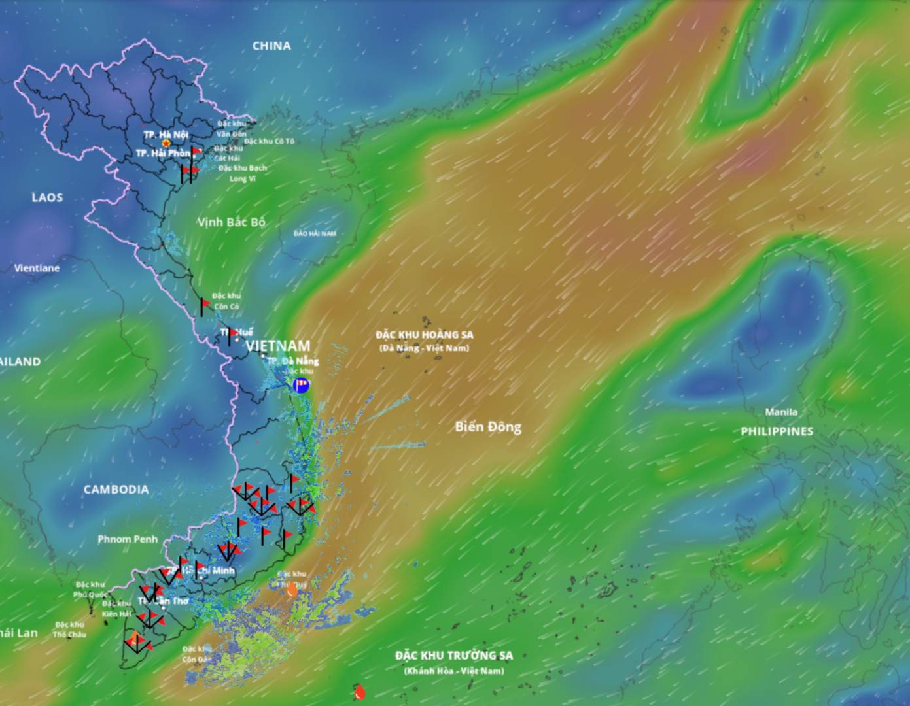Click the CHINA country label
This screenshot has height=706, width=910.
pos(271,46)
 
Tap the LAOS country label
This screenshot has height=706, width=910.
pos(47,197)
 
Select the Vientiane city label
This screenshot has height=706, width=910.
pos(37,268)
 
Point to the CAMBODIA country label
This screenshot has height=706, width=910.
pos(116,489)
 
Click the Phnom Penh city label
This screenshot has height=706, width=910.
pos(128,539)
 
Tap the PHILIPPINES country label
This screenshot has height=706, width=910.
pos(777,431)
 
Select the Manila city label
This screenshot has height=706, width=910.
pos(781,412)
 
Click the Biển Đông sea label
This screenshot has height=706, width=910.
pos(488,427)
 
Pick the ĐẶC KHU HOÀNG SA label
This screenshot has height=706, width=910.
pos(425,335)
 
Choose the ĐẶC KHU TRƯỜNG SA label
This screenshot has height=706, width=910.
pos(453,656)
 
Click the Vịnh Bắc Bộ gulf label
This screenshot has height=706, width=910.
pos(232,222)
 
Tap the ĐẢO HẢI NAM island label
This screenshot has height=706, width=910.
pos(315,233)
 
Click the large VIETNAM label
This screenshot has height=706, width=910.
pos(278,346)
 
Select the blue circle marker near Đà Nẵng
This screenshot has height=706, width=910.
pos(301,385)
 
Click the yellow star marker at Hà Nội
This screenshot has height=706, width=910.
pos(166,143)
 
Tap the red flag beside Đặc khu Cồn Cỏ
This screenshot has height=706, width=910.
pos(205,303)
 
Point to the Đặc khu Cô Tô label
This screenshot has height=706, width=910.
pos(269,141)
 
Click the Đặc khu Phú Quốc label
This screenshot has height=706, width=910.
pos(90,589)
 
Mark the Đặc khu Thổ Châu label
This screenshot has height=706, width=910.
pos(69,630)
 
